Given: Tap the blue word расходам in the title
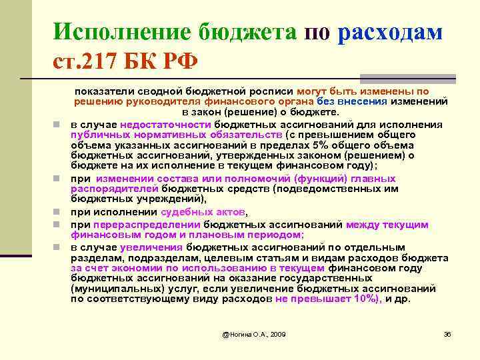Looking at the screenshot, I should (390, 32).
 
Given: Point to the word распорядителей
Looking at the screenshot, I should (109, 189).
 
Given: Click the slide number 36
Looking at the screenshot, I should (447, 333).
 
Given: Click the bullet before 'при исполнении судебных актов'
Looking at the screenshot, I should (59, 212).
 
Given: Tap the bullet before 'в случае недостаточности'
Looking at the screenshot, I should (59, 124).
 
